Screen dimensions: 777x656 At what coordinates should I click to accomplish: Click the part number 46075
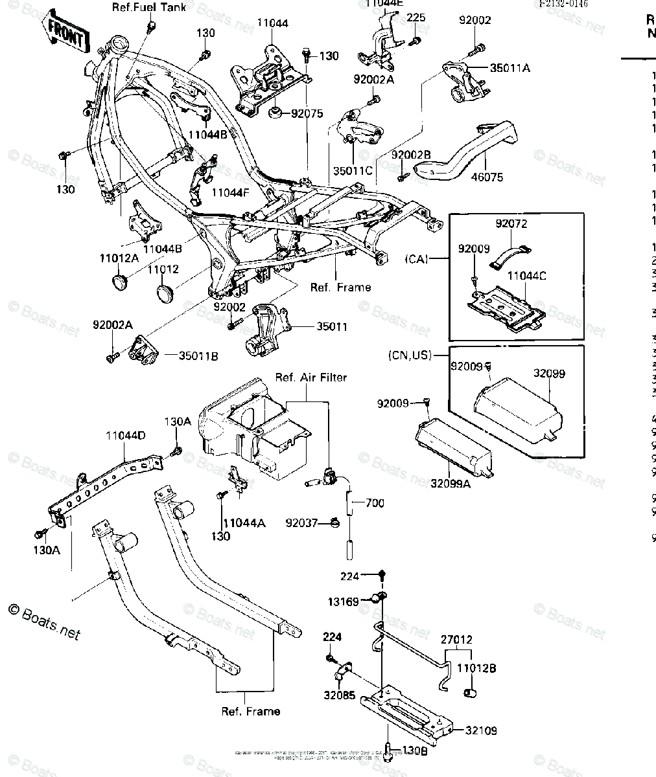486,177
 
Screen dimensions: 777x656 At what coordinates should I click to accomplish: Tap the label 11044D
126,436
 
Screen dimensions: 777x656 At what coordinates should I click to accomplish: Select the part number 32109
480,730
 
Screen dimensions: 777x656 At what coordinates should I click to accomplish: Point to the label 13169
342,602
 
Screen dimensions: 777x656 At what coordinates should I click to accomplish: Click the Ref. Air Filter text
311,377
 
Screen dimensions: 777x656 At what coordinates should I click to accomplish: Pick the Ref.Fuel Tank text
148,8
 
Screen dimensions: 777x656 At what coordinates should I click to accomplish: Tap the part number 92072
511,224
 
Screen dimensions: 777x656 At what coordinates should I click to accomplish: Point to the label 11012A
119,258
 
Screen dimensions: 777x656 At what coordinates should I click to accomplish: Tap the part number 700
375,502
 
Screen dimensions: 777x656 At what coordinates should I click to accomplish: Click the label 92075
307,113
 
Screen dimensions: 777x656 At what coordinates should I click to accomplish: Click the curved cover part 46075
473,152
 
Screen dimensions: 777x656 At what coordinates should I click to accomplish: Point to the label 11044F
231,192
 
